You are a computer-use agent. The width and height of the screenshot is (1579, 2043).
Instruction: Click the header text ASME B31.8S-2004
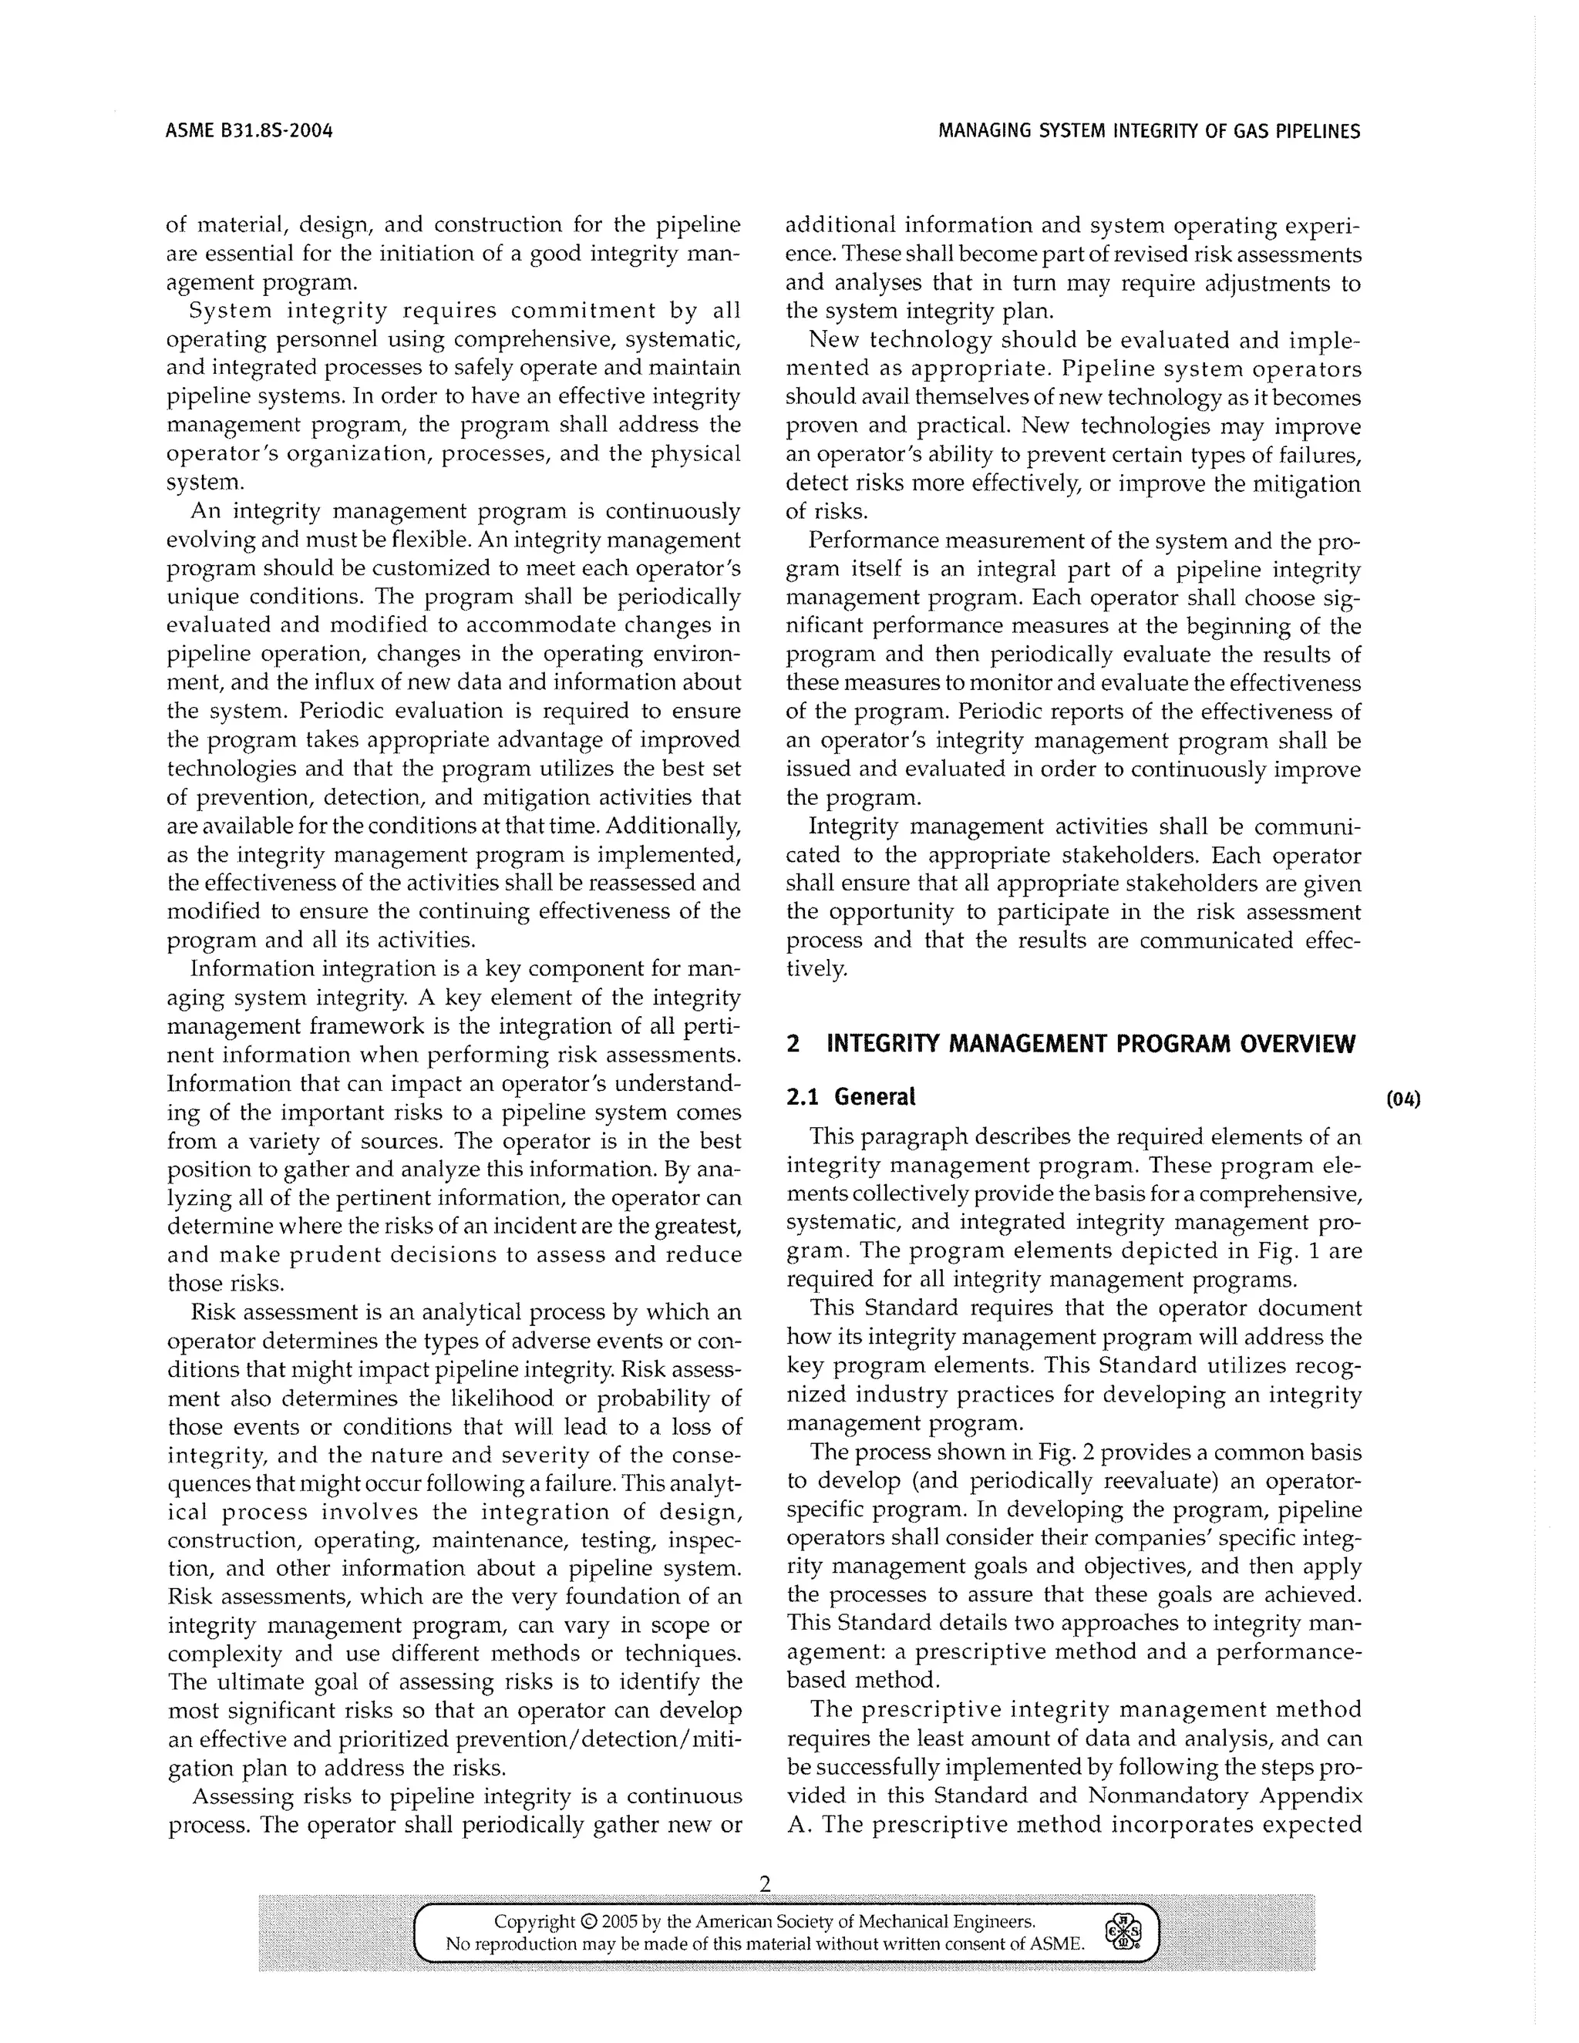coord(249,131)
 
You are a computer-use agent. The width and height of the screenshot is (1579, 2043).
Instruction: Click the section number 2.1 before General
coord(803,1096)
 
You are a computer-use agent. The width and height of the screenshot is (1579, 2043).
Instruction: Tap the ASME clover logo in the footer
coord(1123,1929)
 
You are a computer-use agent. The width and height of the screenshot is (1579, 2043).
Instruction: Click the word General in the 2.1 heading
coord(874,1096)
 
